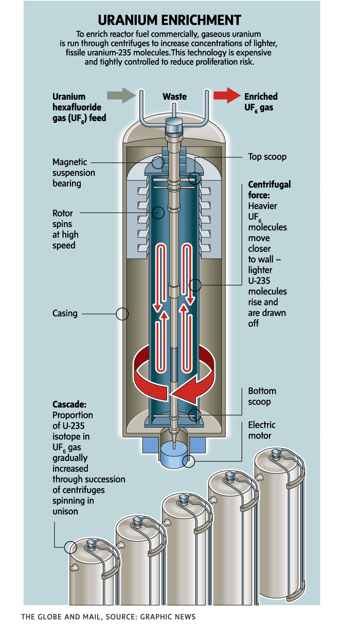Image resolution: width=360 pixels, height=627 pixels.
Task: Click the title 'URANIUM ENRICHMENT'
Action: pyautogui.click(x=170, y=20)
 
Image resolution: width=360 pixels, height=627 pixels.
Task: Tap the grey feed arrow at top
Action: pyautogui.click(x=120, y=96)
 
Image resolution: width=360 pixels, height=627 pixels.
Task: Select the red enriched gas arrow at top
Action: pyautogui.click(x=227, y=96)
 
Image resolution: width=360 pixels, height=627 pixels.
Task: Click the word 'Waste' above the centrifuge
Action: pyautogui.click(x=174, y=97)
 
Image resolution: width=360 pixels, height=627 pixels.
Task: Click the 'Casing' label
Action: pyautogui.click(x=65, y=313)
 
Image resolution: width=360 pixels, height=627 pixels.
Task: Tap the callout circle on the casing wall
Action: pyautogui.click(x=122, y=314)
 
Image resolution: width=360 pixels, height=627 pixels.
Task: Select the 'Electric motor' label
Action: pyautogui.click(x=262, y=430)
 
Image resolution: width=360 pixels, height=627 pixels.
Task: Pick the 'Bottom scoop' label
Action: pyautogui.click(x=262, y=396)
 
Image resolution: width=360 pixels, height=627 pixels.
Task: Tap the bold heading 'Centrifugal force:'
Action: pyautogui.click(x=269, y=190)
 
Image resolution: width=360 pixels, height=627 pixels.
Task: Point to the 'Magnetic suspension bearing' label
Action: pyautogui.click(x=70, y=172)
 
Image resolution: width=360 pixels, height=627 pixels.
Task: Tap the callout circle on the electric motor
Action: pyautogui.click(x=189, y=461)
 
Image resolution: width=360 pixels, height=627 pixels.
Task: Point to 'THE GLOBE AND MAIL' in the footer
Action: pyautogui.click(x=57, y=616)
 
